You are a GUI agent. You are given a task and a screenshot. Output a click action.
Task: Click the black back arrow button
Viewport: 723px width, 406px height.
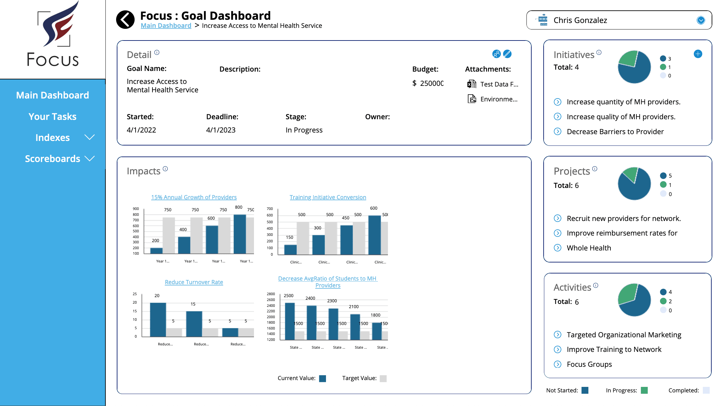[x=125, y=20]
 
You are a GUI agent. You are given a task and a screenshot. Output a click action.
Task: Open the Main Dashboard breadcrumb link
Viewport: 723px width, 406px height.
[x=166, y=26]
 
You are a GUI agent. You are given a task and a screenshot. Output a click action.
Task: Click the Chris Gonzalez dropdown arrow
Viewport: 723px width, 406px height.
[x=701, y=20]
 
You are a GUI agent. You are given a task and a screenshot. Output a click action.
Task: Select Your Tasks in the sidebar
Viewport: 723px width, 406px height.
[x=53, y=116]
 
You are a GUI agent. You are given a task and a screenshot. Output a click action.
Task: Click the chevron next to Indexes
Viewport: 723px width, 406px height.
[x=90, y=137]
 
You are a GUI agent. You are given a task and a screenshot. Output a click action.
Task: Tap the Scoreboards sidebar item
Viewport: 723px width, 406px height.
[x=53, y=158]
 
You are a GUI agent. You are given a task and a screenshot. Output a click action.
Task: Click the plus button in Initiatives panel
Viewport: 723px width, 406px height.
[x=698, y=54]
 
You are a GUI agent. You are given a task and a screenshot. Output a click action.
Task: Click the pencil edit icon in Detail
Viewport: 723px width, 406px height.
[x=507, y=54]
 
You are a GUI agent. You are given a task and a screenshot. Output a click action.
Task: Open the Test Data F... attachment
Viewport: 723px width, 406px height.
[x=499, y=84]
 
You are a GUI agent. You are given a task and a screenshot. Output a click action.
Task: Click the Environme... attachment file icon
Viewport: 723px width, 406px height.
[x=472, y=99]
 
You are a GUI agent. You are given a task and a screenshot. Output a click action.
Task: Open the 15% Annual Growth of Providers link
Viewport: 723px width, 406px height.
[x=194, y=197]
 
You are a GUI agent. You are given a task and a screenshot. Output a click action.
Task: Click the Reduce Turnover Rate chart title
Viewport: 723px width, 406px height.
[x=194, y=282]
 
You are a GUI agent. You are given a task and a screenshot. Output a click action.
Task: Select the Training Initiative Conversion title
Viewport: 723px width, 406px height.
[x=328, y=197]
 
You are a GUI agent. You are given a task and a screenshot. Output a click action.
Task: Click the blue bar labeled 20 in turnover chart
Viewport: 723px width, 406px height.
[x=158, y=319]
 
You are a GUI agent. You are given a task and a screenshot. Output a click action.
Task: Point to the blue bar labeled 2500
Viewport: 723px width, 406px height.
[x=290, y=321]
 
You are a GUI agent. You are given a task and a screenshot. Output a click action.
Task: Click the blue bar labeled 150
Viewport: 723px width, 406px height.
[x=290, y=249]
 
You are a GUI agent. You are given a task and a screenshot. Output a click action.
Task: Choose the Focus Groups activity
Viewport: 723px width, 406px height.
[x=589, y=364]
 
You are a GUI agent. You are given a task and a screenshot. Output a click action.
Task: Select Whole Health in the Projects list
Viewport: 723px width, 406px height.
[x=589, y=248]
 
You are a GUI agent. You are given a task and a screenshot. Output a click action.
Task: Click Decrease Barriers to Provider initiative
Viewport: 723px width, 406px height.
[x=615, y=132]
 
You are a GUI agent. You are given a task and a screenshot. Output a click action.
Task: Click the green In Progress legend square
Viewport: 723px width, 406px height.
[x=644, y=390]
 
